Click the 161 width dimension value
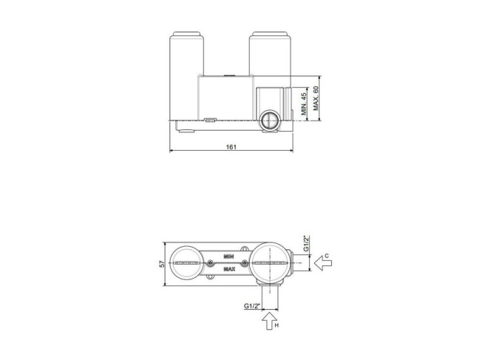pos(231,147)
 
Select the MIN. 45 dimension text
pos(304,104)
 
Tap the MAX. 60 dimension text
pos(316,98)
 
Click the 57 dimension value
pos(162,264)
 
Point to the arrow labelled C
pos(323,263)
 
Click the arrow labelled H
pos(269,321)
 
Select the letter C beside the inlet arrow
pos(327,256)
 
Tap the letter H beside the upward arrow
pos(277,325)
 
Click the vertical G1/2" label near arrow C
pos(307,243)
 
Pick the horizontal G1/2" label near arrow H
pos(252,306)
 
